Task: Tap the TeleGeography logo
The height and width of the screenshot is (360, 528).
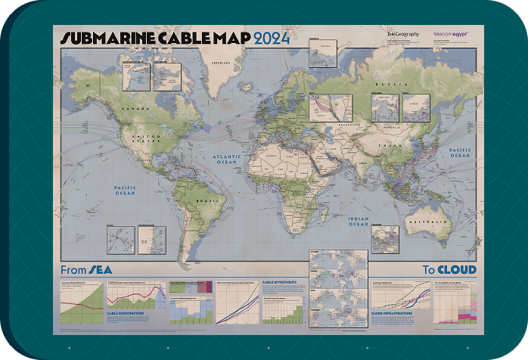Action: [401, 33]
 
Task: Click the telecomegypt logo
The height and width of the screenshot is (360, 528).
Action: [452, 33]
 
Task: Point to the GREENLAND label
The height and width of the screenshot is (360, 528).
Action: [222, 63]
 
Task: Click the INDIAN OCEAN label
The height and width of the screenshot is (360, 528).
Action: [358, 222]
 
